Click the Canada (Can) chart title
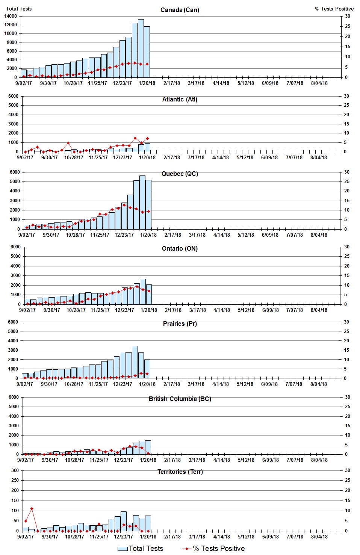180,10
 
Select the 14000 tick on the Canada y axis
11,16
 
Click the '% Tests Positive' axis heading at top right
334,9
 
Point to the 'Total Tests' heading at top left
19,9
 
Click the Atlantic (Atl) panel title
180,99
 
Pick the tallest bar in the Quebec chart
142,202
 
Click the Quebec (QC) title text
180,174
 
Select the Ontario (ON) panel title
180,248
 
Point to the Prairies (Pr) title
180,324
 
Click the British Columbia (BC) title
180,399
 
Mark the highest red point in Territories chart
32,509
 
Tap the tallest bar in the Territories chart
124,521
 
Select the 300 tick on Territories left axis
15,470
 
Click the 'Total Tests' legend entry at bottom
141,549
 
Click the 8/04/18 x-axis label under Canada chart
319,83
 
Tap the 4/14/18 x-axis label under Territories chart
221,537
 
